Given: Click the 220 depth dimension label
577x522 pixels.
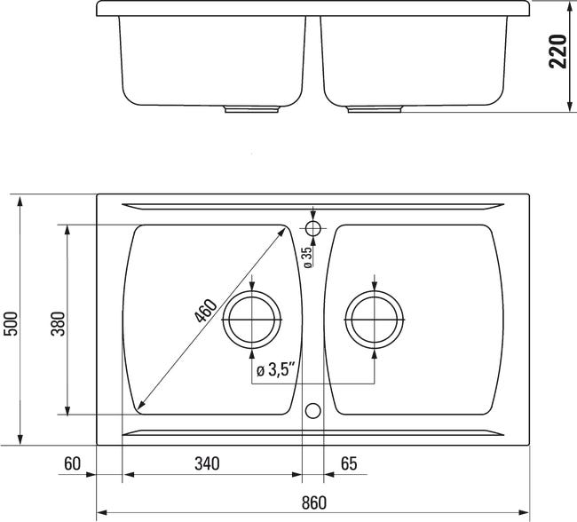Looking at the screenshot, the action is click(557, 51).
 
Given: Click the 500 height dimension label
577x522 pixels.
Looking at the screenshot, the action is click(11, 323).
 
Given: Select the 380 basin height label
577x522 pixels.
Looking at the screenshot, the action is click(58, 323).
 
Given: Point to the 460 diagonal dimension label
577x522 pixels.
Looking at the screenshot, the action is click(205, 311).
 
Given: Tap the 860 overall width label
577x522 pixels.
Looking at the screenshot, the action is click(314, 502).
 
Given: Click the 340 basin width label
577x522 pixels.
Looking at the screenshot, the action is click(207, 463).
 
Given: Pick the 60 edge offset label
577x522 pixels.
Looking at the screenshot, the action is click(72, 463).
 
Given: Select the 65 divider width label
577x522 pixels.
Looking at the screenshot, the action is click(349, 463).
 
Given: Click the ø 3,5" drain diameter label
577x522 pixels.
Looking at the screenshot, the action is click(276, 370).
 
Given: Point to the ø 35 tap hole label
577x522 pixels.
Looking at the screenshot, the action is click(308, 257).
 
